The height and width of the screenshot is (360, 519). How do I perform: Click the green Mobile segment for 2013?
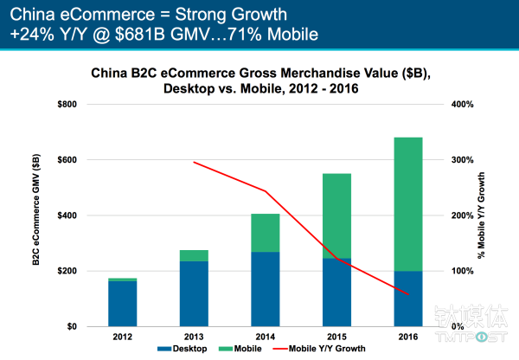(x=194, y=255)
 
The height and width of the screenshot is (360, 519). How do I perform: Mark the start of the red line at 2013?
(x=194, y=162)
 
